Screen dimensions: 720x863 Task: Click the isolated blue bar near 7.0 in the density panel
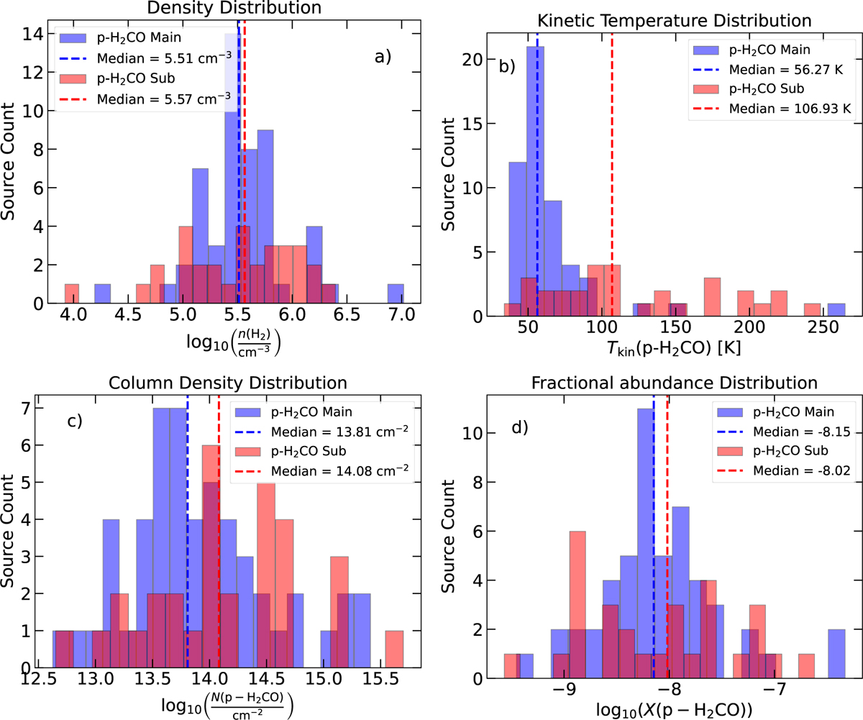(x=395, y=294)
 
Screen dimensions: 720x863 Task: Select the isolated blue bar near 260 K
(x=836, y=310)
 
